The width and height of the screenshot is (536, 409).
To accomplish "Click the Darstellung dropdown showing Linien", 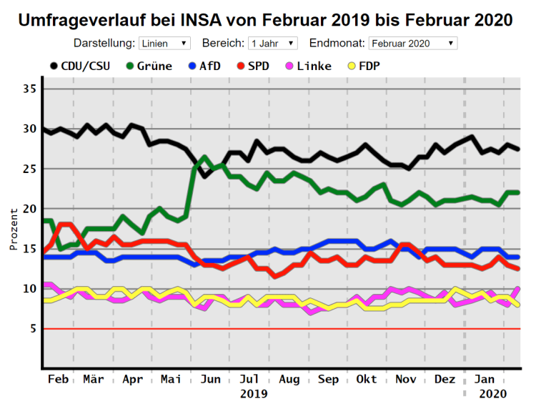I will pos(164,44).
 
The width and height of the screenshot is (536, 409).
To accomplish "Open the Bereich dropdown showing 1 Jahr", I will pos(272,44).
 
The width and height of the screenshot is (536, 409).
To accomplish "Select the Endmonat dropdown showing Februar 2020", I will pos(412,44).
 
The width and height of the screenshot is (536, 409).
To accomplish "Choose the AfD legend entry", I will pos(202,66).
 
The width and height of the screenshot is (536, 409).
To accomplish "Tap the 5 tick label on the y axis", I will pos(32,329).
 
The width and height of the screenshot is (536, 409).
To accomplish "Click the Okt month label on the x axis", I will pos(367,379).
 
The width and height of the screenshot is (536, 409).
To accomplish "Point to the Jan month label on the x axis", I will pos(486,379).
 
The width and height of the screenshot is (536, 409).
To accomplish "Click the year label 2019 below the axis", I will pos(254,394).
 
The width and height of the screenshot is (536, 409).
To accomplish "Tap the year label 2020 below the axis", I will pos(492,394).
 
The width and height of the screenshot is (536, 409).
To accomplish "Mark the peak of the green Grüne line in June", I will pos(204,157).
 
